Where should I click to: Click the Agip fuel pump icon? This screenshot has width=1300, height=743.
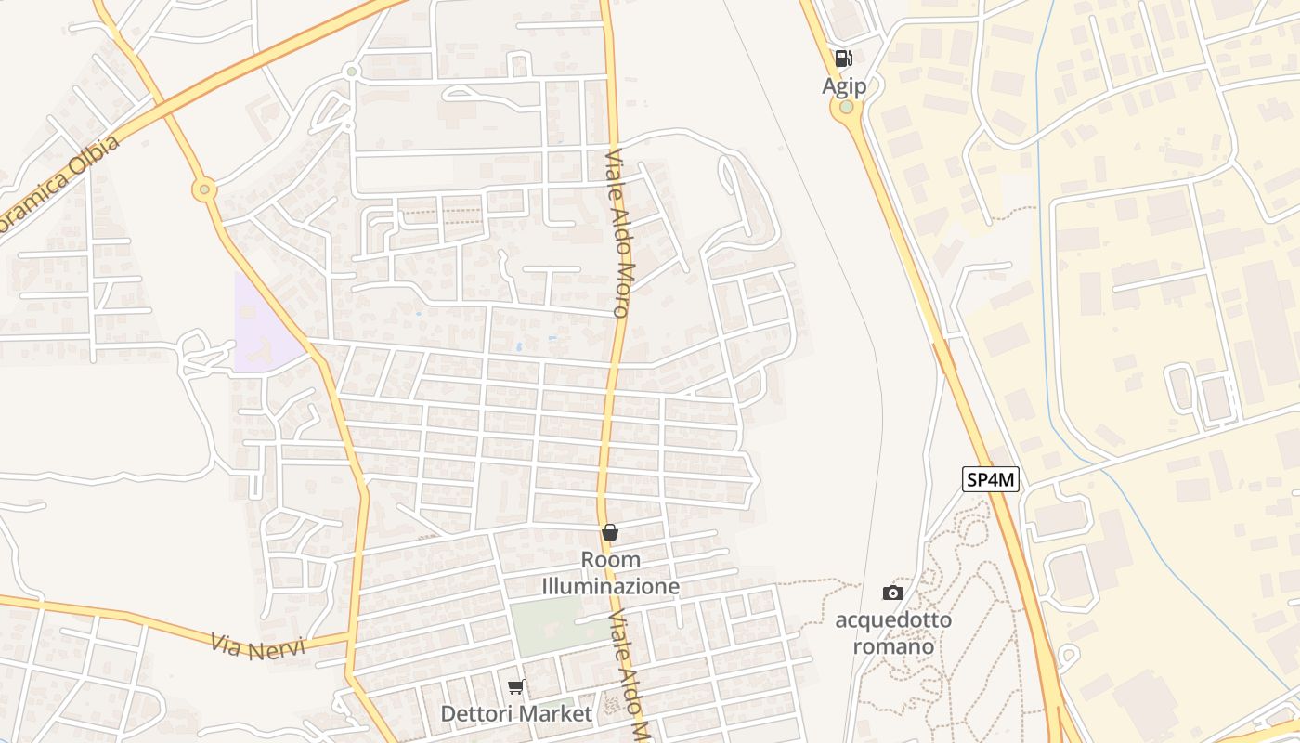(843, 59)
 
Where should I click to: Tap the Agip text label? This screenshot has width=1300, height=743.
(844, 86)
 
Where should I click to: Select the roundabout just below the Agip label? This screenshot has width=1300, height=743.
(846, 108)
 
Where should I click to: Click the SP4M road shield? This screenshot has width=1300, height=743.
(991, 480)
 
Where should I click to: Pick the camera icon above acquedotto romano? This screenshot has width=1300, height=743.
(892, 593)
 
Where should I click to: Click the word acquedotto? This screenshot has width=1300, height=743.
(893, 619)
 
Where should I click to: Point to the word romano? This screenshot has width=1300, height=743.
(893, 645)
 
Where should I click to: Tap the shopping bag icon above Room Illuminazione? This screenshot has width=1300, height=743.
(610, 532)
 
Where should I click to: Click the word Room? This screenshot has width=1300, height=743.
(610, 560)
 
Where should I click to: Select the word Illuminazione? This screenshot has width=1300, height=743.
(610, 587)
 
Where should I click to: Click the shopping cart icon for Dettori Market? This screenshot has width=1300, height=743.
(516, 686)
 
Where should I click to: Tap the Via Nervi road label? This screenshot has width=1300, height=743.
(257, 646)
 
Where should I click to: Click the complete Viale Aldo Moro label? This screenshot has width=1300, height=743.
(620, 234)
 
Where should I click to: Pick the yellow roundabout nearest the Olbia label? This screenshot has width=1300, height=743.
(204, 190)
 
